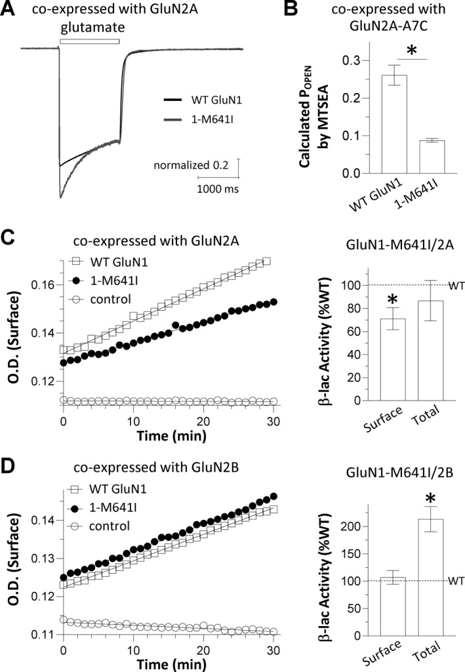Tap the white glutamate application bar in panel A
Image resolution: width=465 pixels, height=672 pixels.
(x=89, y=41)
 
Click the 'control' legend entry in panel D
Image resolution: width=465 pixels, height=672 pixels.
(x=111, y=526)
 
